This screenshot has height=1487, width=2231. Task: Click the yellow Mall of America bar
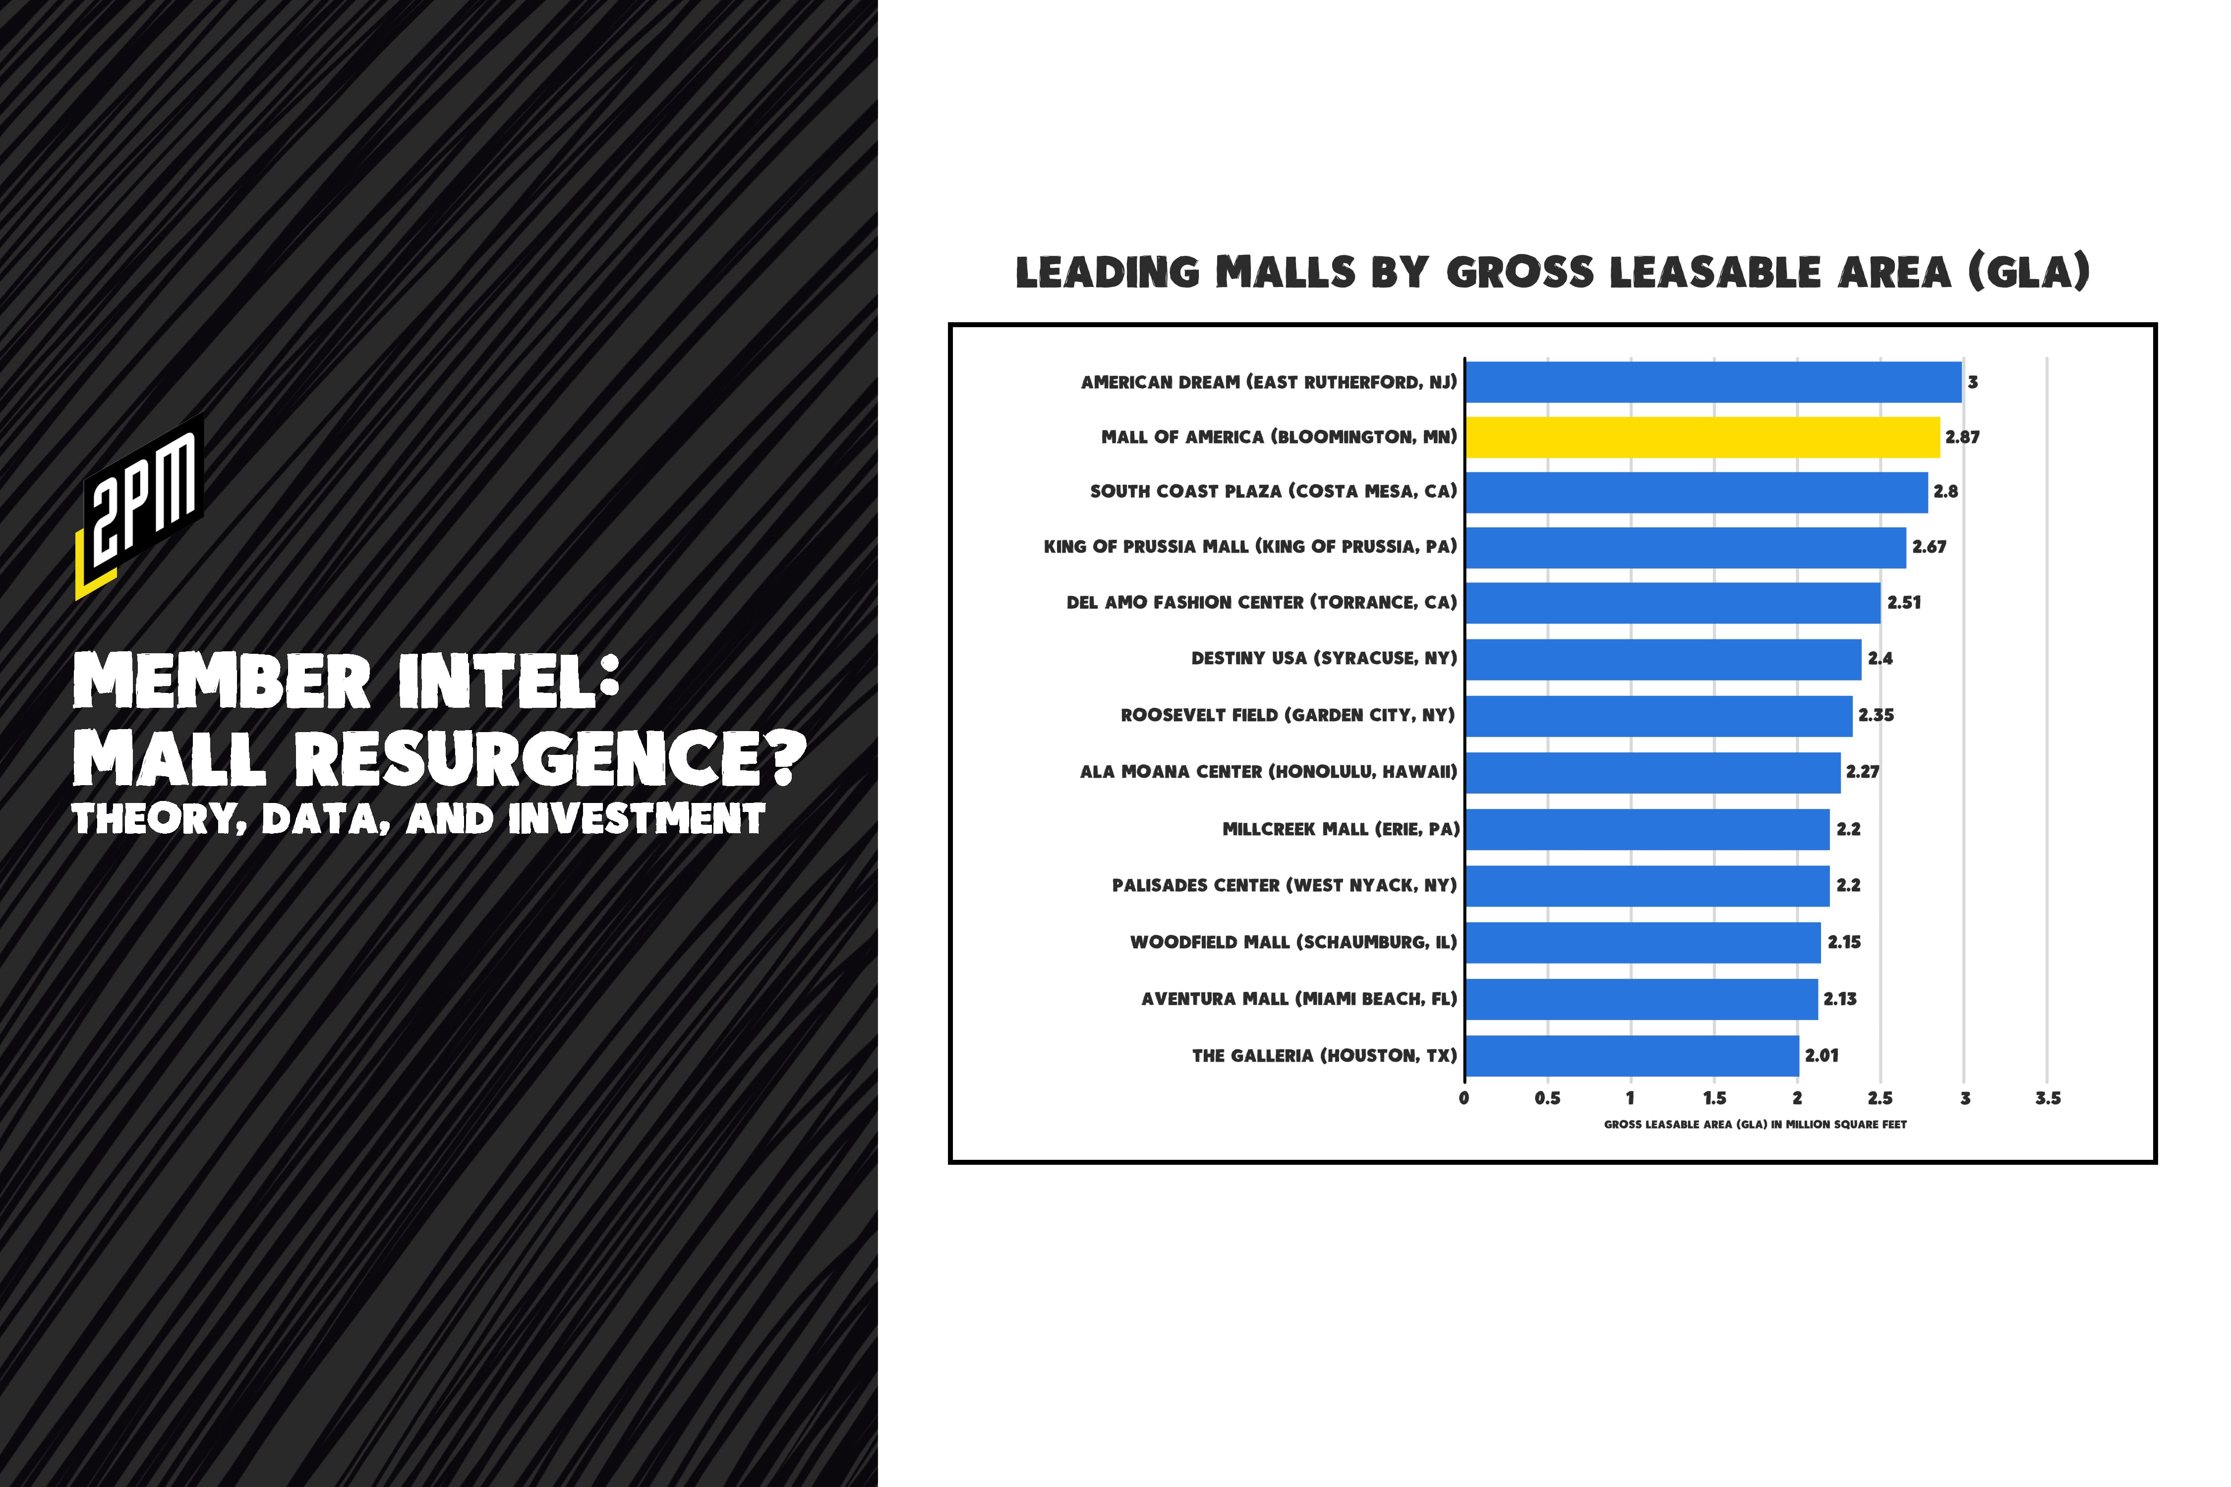click(x=1703, y=437)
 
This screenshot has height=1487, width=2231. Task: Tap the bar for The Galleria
click(x=1632, y=1055)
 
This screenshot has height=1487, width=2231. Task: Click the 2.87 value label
click(x=1962, y=437)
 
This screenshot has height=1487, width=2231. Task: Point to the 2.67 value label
click(x=1929, y=547)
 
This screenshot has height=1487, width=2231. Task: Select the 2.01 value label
click(x=1821, y=1055)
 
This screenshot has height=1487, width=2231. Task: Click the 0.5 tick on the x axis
click(x=1547, y=1098)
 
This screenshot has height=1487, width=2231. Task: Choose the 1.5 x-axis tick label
click(x=1714, y=1098)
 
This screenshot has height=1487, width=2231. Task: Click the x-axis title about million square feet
click(x=1755, y=1125)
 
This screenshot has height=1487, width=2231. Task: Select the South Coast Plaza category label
click(x=1273, y=491)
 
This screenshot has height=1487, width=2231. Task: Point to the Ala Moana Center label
click(x=1268, y=772)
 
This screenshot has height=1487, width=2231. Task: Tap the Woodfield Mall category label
click(x=1293, y=942)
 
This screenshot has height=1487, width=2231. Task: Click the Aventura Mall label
click(x=1298, y=999)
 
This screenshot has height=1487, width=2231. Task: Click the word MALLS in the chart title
click(x=1285, y=273)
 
